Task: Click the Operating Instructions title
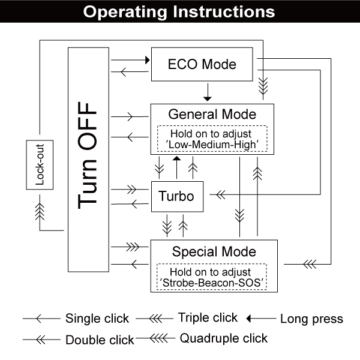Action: [179, 12]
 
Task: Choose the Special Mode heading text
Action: [214, 251]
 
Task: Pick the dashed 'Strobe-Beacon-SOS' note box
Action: [213, 277]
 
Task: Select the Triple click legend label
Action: [208, 317]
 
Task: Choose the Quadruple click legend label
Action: [224, 338]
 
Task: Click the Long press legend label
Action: [311, 319]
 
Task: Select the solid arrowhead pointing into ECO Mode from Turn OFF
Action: [145, 60]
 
